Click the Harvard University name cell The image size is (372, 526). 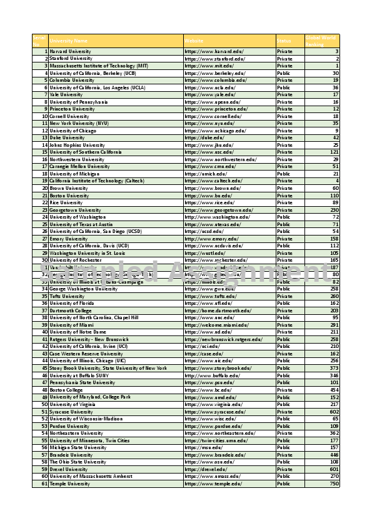(70, 51)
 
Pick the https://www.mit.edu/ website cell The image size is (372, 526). (209, 66)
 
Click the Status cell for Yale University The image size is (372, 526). (284, 94)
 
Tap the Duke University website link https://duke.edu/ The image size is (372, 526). (200, 137)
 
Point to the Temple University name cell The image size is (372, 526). (69, 484)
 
